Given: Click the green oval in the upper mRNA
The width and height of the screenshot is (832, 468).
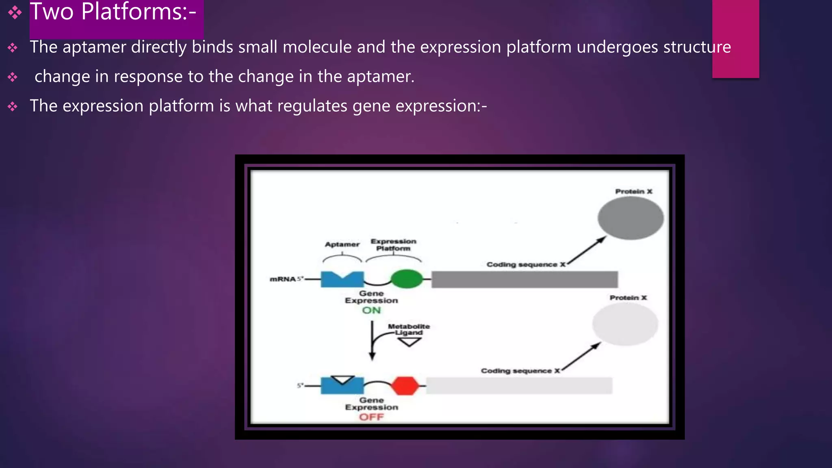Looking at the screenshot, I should coord(406,279).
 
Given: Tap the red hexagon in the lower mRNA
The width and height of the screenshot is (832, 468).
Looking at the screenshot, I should coord(405,386).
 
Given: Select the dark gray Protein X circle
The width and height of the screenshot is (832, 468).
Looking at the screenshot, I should coord(630,218).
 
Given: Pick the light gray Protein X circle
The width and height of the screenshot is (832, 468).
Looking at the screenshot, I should coord(625,324).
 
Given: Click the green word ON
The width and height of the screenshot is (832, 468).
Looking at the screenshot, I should coord(371,310).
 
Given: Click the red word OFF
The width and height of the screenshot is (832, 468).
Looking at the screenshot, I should coord(371,417).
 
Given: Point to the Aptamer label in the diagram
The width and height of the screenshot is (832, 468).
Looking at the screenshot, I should coord(342,245).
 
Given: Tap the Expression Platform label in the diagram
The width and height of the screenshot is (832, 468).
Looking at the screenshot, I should coord(393,245).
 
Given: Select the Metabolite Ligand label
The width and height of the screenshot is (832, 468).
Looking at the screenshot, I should coord(408,329).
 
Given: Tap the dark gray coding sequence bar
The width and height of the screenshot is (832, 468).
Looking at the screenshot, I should coord(524,279).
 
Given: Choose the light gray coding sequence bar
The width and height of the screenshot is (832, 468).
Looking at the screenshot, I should coord(519,386).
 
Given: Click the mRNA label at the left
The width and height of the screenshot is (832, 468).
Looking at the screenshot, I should coord(283,279).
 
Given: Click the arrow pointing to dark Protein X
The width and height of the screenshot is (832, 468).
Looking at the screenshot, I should coord(587,251).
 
